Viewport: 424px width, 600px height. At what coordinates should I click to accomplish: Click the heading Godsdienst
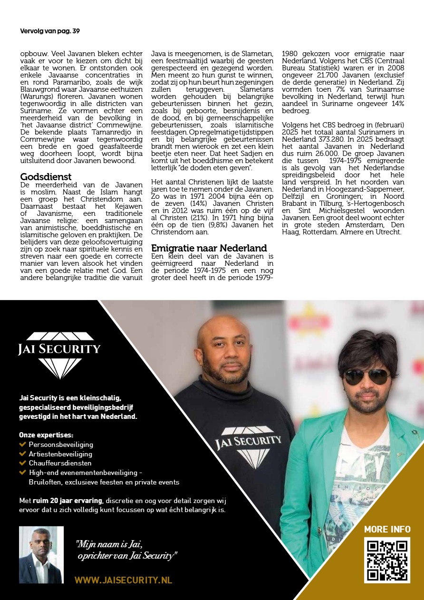(46, 177)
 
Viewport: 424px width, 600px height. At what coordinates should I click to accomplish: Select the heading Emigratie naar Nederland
(209, 248)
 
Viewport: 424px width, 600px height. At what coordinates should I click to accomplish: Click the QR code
(387, 560)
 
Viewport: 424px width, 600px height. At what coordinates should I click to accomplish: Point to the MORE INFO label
(387, 529)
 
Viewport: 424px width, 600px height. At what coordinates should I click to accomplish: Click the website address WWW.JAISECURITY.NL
(123, 580)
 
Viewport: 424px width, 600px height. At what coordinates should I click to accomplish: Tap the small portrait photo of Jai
(41, 555)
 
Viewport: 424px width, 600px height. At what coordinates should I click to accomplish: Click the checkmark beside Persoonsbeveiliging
(22, 444)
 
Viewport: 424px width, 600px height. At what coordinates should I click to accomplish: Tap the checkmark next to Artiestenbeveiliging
(22, 454)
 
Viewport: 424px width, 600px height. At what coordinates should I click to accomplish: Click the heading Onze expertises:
(46, 435)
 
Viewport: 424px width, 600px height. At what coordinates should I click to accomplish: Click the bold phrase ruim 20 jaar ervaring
(67, 500)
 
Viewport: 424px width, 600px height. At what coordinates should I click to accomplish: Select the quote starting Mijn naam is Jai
(126, 549)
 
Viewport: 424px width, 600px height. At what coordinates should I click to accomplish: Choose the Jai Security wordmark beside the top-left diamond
(59, 349)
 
